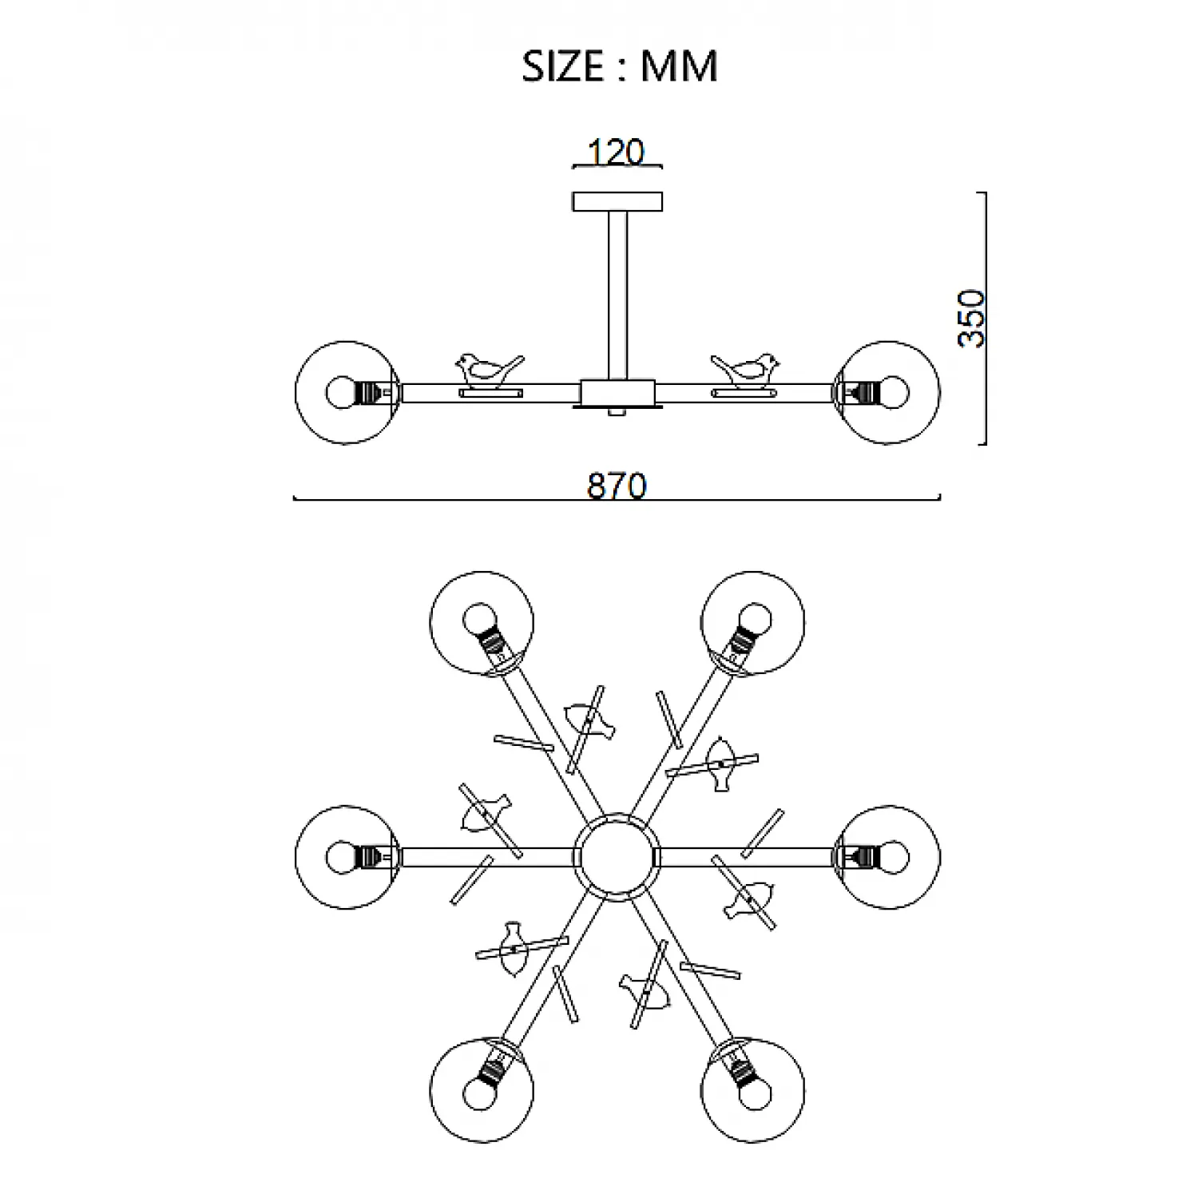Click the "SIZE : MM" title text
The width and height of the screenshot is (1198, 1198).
620,65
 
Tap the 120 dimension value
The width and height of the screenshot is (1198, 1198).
616,152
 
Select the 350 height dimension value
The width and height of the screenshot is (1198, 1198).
973,318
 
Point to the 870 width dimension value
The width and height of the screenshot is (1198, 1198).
617,486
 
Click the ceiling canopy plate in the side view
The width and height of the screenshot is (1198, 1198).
617,201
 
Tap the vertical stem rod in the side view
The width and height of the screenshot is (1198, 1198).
617,296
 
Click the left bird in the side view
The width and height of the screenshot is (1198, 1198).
487,368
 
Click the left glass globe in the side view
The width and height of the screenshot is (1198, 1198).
346,392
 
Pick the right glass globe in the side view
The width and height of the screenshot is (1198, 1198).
889,392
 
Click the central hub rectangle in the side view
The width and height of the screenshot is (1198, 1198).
617,392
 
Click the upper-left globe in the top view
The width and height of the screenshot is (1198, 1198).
482,623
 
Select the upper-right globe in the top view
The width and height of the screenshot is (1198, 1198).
753,623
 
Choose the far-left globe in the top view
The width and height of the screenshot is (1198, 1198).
346,857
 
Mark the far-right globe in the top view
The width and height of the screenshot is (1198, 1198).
889,857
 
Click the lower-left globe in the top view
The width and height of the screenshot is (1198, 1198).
482,1090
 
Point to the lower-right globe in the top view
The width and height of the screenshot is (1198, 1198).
753,1090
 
